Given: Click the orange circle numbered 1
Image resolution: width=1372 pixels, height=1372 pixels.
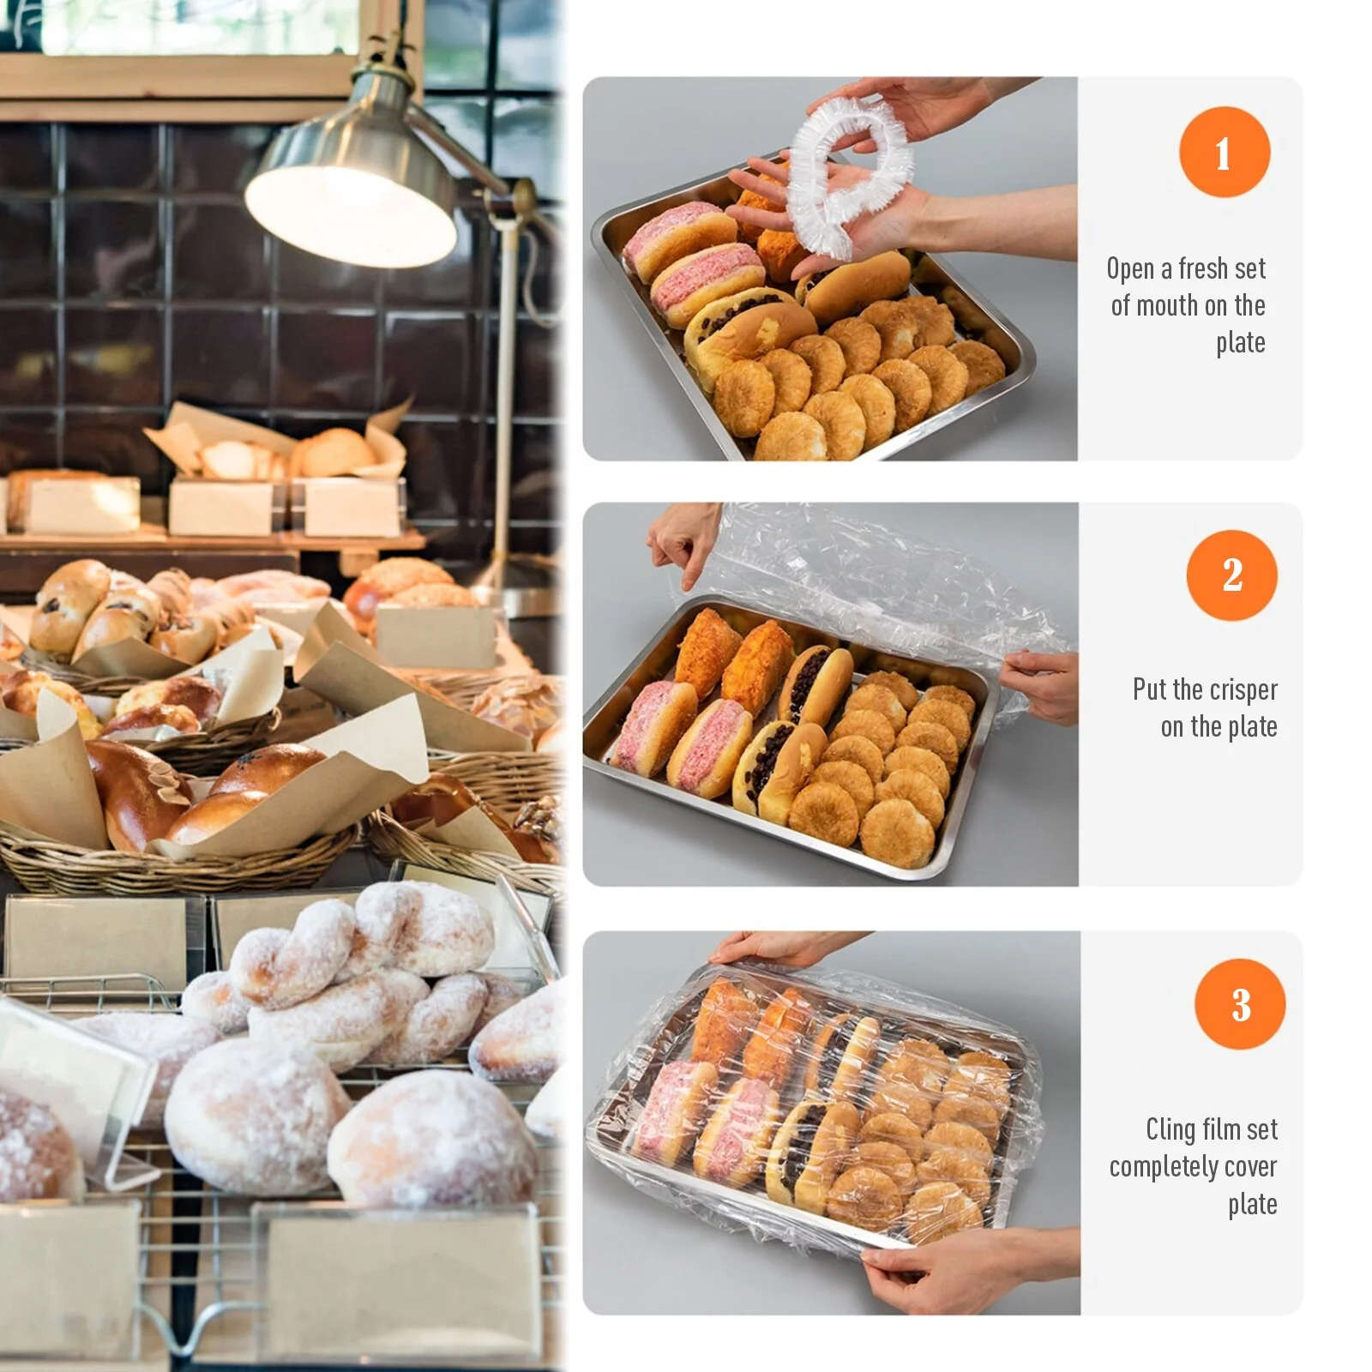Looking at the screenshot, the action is [1224, 152].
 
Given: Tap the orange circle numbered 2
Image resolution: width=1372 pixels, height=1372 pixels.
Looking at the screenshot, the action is [1231, 575].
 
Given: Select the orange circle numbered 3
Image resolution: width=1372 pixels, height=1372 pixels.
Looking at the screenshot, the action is [1240, 1003].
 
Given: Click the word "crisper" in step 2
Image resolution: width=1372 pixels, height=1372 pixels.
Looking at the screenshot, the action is [1243, 690].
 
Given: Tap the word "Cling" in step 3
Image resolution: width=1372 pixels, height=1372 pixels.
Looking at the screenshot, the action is [1170, 1130].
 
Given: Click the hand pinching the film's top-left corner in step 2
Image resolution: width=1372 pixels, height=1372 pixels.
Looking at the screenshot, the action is [683, 544].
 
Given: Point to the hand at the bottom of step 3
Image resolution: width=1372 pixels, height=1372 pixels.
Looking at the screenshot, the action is [960, 1269].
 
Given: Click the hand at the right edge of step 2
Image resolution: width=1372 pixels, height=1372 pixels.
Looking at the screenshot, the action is [1039, 686].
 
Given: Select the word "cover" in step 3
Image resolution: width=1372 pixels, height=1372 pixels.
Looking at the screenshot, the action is [1250, 1167].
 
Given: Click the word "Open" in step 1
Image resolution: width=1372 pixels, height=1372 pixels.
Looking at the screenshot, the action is [1130, 269].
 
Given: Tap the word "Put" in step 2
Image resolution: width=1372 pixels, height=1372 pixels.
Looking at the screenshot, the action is [1149, 689].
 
